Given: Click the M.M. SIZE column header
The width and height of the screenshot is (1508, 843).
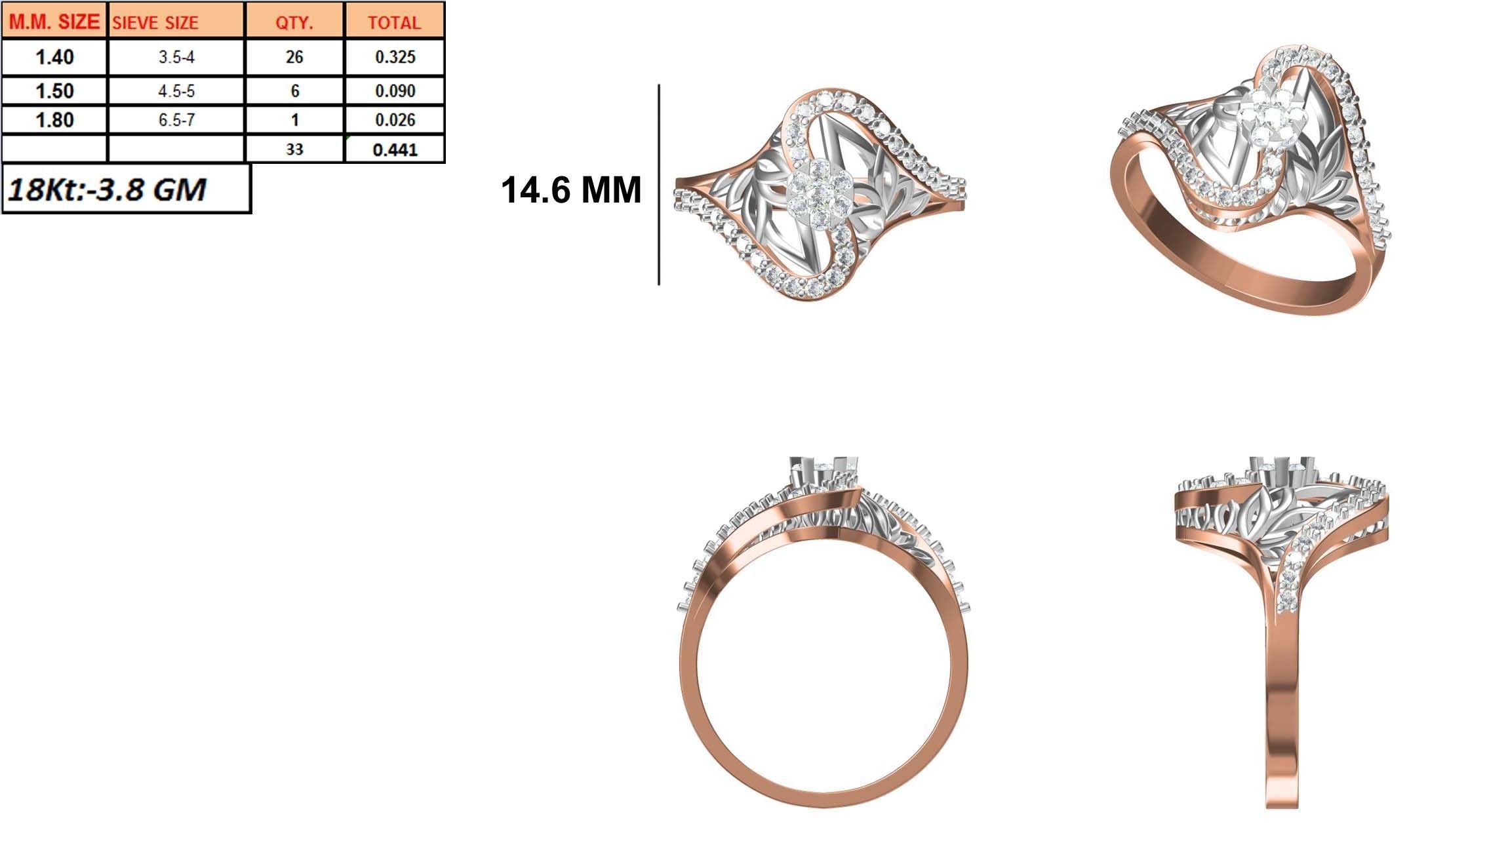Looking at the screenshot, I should [54, 22].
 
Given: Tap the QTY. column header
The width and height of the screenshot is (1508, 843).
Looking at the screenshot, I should [294, 22].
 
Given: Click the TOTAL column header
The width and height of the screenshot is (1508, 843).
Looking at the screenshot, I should [394, 22].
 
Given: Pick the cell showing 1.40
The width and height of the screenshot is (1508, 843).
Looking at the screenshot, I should [54, 58].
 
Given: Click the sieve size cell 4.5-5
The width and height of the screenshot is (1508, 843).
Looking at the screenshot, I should [176, 91].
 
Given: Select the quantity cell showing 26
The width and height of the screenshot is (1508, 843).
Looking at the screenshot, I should [294, 57].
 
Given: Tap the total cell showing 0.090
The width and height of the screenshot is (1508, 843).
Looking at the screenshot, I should [395, 91].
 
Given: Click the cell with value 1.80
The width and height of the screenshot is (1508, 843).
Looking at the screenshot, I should [54, 120].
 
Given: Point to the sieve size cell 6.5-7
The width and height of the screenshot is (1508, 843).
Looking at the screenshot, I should [176, 120].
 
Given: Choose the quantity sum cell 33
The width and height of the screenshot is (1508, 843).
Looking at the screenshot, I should [294, 149].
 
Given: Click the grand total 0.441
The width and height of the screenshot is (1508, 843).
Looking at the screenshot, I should [395, 150].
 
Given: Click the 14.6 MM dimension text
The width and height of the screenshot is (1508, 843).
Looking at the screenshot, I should [570, 191].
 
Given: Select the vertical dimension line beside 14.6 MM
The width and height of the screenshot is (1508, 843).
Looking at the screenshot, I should [659, 184].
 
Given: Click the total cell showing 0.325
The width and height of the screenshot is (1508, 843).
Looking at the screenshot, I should [395, 57].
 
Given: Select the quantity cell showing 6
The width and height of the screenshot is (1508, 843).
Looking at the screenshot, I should [294, 91].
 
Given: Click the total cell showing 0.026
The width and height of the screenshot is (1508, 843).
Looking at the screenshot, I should [395, 120].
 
